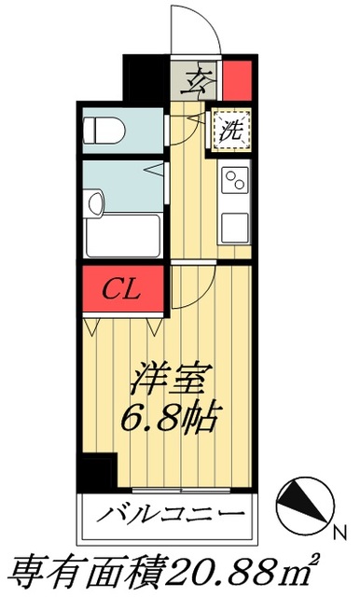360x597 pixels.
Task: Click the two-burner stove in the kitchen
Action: [235, 178]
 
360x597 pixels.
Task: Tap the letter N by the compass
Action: [340, 532]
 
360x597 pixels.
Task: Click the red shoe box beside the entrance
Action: [238, 78]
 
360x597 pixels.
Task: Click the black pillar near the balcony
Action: [94, 470]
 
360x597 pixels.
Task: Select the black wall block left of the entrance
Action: [145, 78]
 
